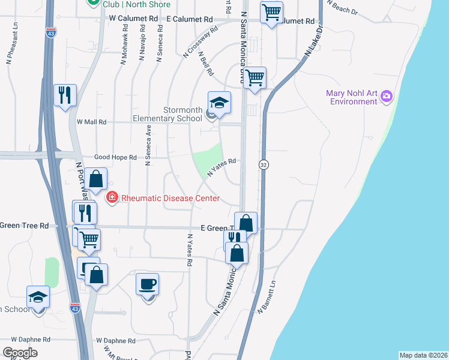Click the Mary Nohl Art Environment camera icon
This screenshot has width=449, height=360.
click(x=387, y=95)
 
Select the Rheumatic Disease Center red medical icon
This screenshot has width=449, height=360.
click(x=111, y=197)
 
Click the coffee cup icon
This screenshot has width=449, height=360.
click(x=147, y=283)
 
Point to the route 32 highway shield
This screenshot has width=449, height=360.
click(x=263, y=164)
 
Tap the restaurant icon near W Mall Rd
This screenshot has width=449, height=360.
click(x=65, y=95)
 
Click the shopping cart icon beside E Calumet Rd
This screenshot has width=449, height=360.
click(x=272, y=11)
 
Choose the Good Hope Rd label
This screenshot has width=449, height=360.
click(x=115, y=157)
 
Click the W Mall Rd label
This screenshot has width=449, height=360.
click(x=91, y=122)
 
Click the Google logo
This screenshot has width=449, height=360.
click(x=20, y=353)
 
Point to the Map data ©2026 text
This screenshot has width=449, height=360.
click(x=423, y=355)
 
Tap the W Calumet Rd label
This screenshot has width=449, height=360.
click(x=133, y=19)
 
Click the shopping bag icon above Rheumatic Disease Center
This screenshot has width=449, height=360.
click(x=95, y=178)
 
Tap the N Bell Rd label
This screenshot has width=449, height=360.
click(x=206, y=63)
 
